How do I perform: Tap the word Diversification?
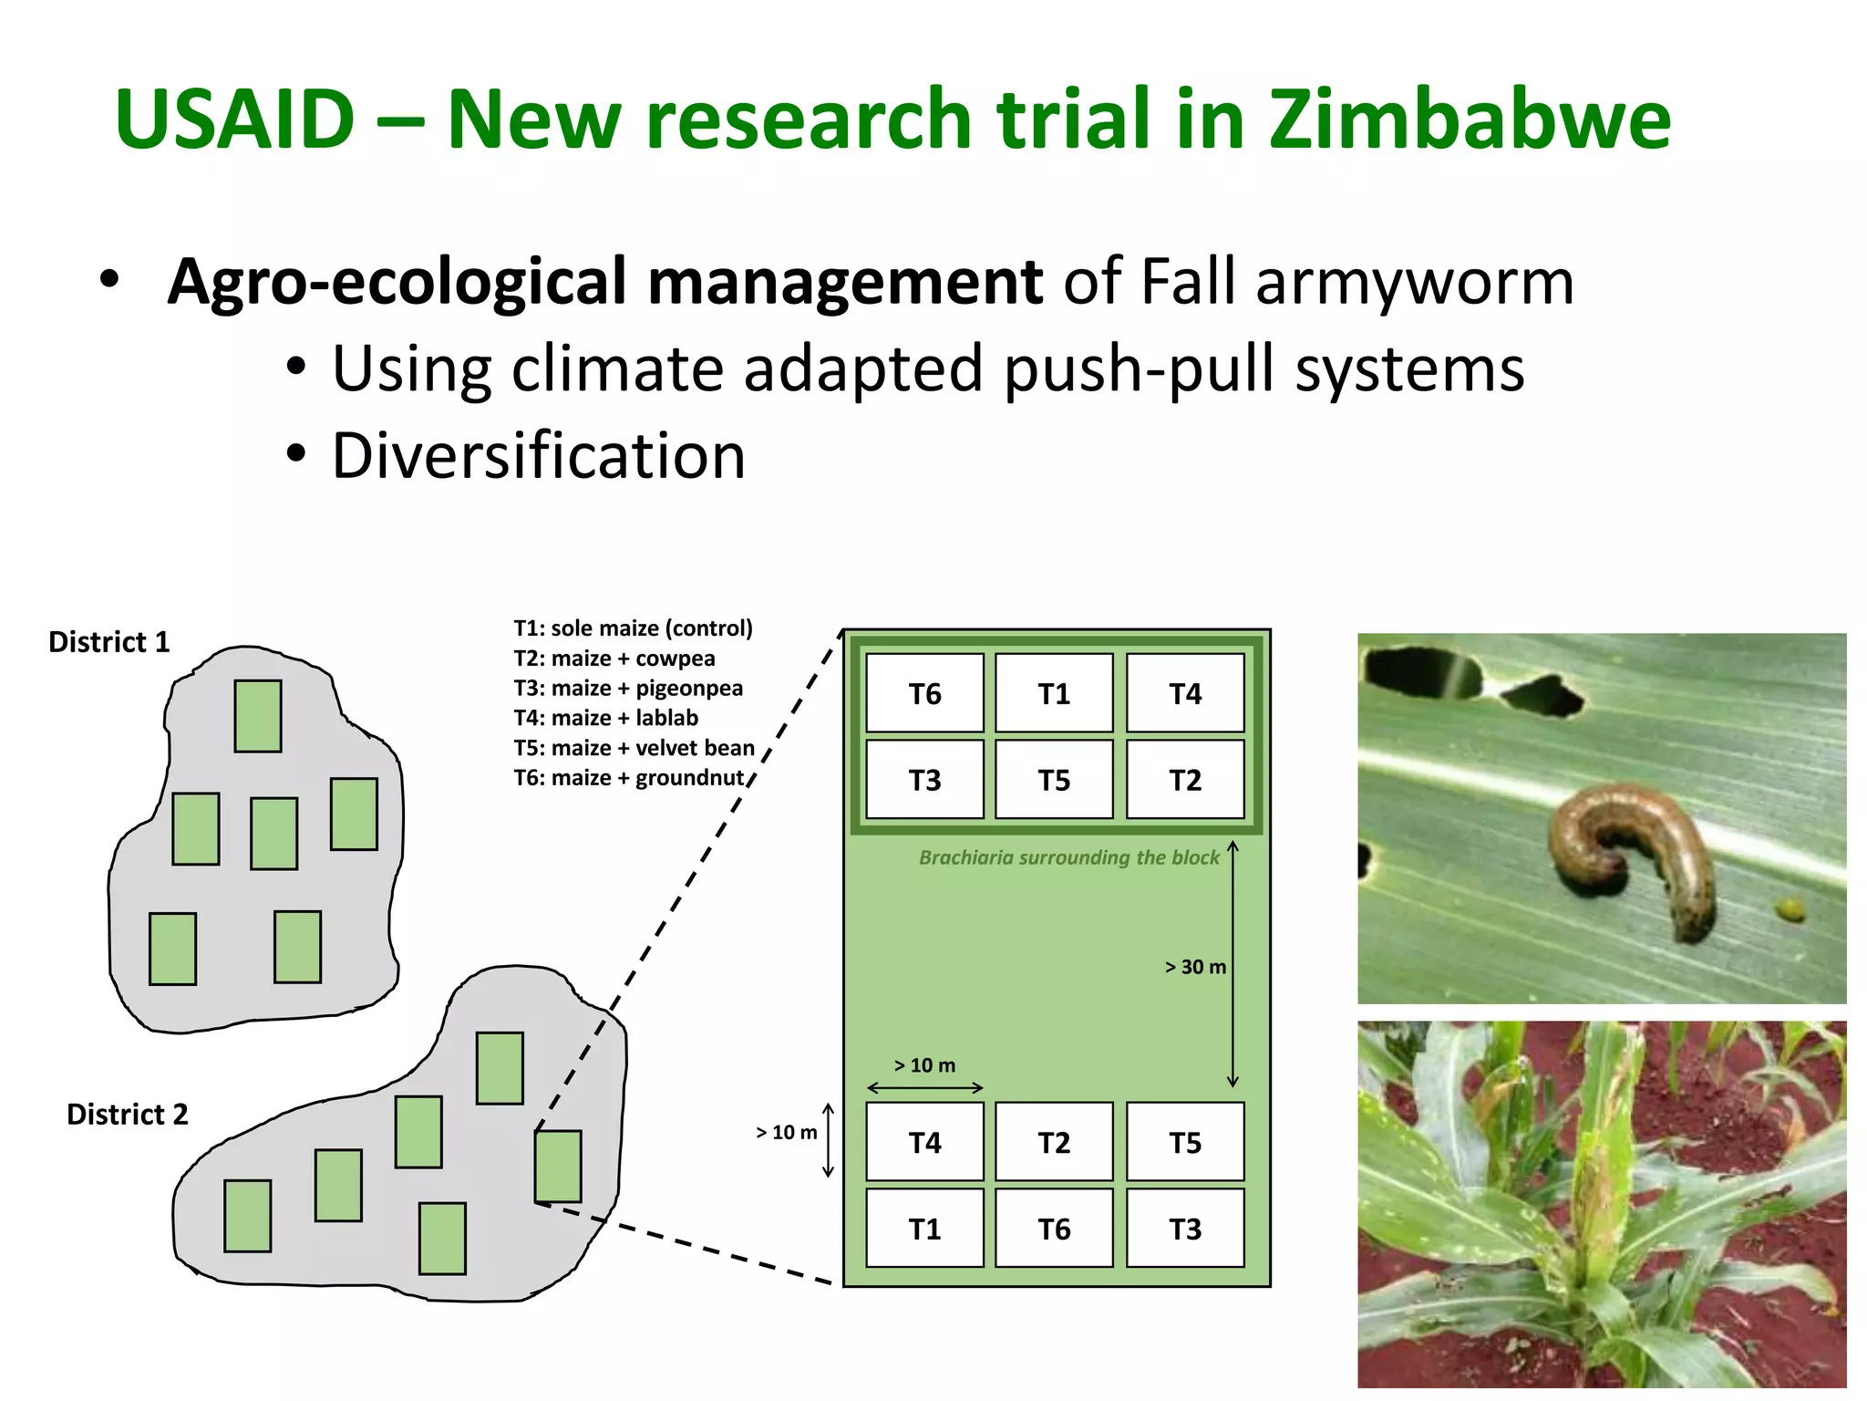(538, 455)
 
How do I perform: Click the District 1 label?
(109, 642)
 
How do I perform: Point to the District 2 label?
(128, 1115)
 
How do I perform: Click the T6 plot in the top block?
(924, 693)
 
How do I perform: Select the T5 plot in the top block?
(1054, 780)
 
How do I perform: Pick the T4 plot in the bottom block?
(924, 1142)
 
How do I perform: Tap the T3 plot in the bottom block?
(1185, 1229)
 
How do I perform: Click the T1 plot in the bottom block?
(924, 1229)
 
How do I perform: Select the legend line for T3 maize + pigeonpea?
(628, 688)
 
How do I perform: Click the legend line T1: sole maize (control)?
(633, 628)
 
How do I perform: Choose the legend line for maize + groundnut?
(629, 778)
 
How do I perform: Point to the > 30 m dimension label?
(1195, 967)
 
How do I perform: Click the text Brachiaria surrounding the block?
(1068, 857)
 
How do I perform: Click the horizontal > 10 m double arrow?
(924, 1087)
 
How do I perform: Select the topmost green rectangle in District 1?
(258, 716)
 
